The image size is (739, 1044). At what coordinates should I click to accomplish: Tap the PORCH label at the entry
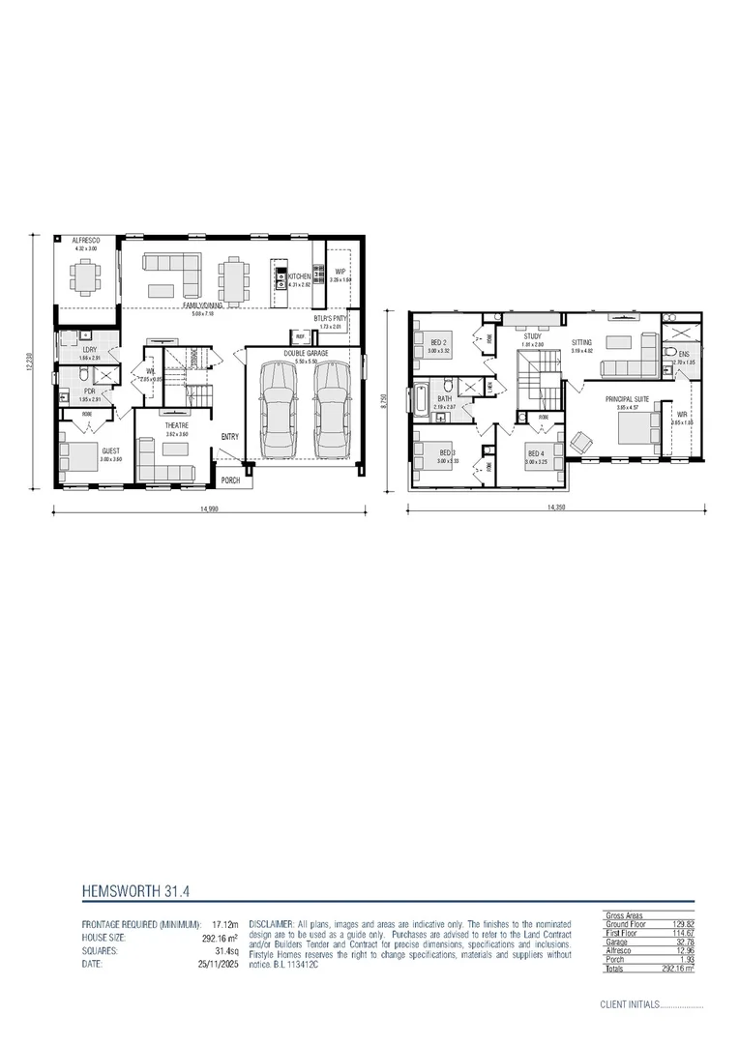pyautogui.click(x=231, y=480)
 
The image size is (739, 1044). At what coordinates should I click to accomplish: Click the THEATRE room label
pyautogui.click(x=177, y=425)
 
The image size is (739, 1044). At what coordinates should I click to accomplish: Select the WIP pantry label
pyautogui.click(x=340, y=273)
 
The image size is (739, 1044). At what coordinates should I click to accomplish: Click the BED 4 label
pyautogui.click(x=535, y=454)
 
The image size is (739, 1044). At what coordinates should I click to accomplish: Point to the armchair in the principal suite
pyautogui.click(x=581, y=441)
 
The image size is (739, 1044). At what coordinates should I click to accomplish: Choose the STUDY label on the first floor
pyautogui.click(x=533, y=336)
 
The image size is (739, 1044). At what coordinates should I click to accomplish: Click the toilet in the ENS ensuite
pyautogui.click(x=670, y=353)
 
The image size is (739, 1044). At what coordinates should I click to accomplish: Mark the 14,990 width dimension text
pyautogui.click(x=199, y=507)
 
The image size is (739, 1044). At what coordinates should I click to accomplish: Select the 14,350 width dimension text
pyautogui.click(x=555, y=507)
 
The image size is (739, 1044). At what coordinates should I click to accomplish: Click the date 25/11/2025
pyautogui.click(x=209, y=964)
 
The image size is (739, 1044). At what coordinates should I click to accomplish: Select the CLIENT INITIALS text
pyautogui.click(x=629, y=1004)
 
